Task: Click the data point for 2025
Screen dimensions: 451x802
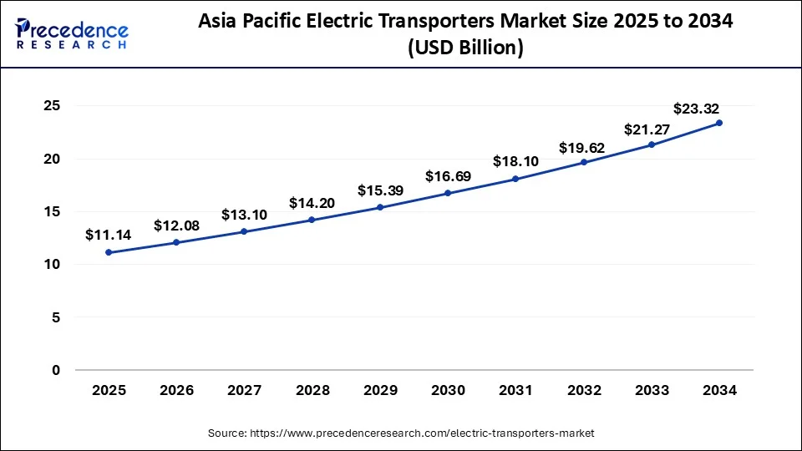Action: click(x=109, y=252)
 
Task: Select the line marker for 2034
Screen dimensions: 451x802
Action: click(x=719, y=123)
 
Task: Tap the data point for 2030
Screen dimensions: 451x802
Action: click(x=448, y=193)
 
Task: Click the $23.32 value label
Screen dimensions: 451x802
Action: click(x=697, y=109)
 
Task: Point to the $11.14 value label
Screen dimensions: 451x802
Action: click(x=109, y=236)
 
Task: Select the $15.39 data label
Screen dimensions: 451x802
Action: click(x=380, y=190)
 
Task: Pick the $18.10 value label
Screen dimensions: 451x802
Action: click(x=515, y=161)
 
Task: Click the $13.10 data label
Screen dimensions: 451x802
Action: click(x=244, y=215)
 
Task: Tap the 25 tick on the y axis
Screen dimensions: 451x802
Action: click(x=52, y=106)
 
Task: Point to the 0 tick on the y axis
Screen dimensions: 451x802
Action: click(x=56, y=370)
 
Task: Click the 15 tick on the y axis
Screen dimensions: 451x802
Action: click(x=52, y=212)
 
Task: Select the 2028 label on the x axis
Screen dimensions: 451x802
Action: click(x=312, y=390)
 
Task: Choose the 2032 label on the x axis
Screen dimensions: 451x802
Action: click(x=583, y=390)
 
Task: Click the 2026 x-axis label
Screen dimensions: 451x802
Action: click(x=176, y=390)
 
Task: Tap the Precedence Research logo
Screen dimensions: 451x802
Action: click(x=72, y=33)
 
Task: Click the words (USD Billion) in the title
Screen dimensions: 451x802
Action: click(x=465, y=48)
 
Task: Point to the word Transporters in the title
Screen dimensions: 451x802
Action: click(x=442, y=23)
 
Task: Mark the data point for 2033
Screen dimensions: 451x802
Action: click(x=652, y=144)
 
